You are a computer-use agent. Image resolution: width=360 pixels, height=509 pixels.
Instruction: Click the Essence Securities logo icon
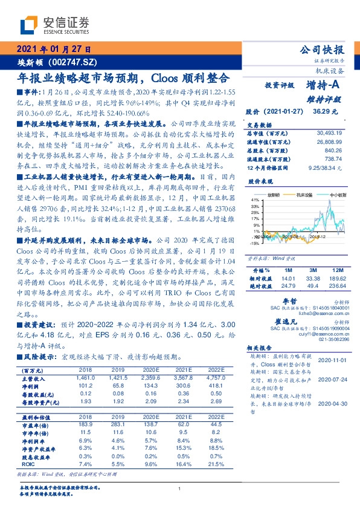coord(28,25)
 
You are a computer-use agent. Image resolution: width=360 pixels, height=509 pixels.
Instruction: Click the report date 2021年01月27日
coord(53,50)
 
